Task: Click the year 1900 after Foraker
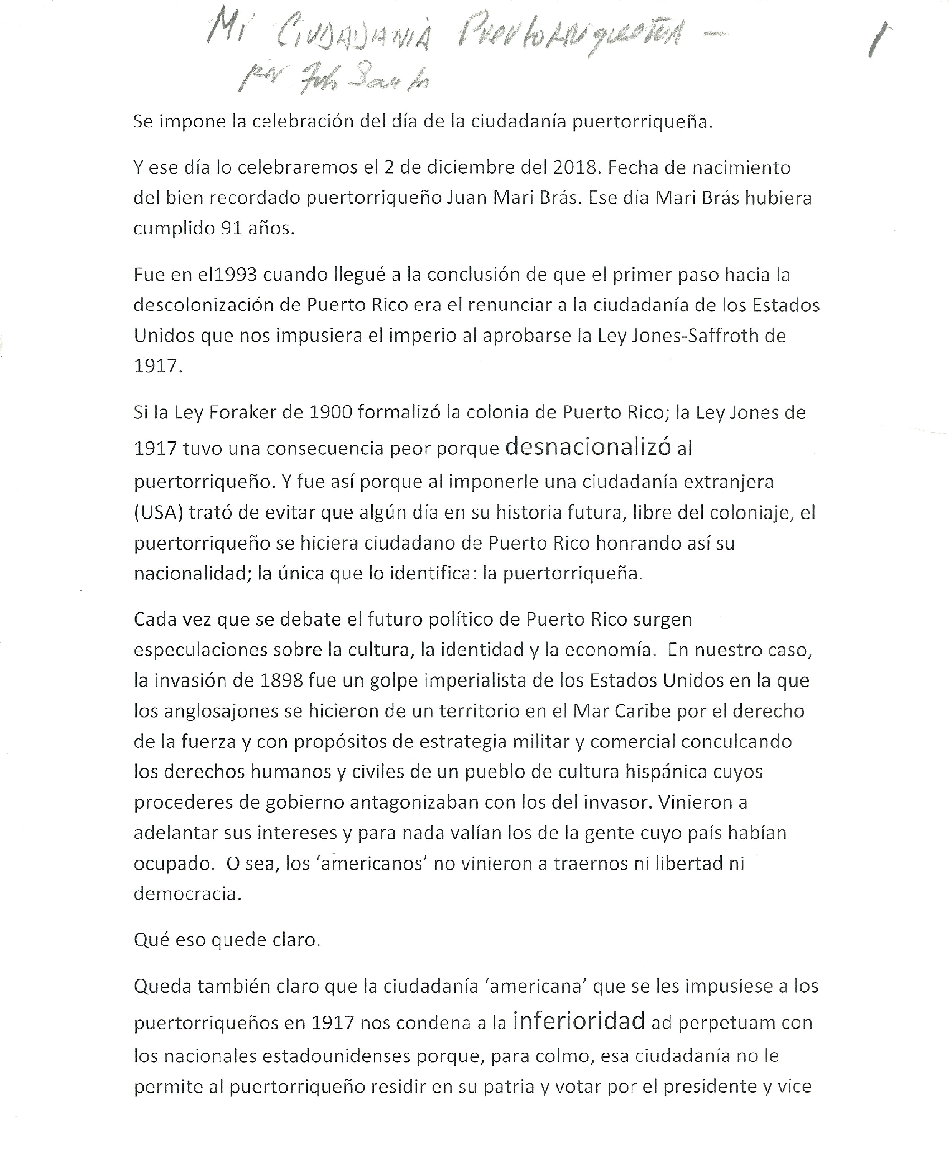[x=331, y=412]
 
